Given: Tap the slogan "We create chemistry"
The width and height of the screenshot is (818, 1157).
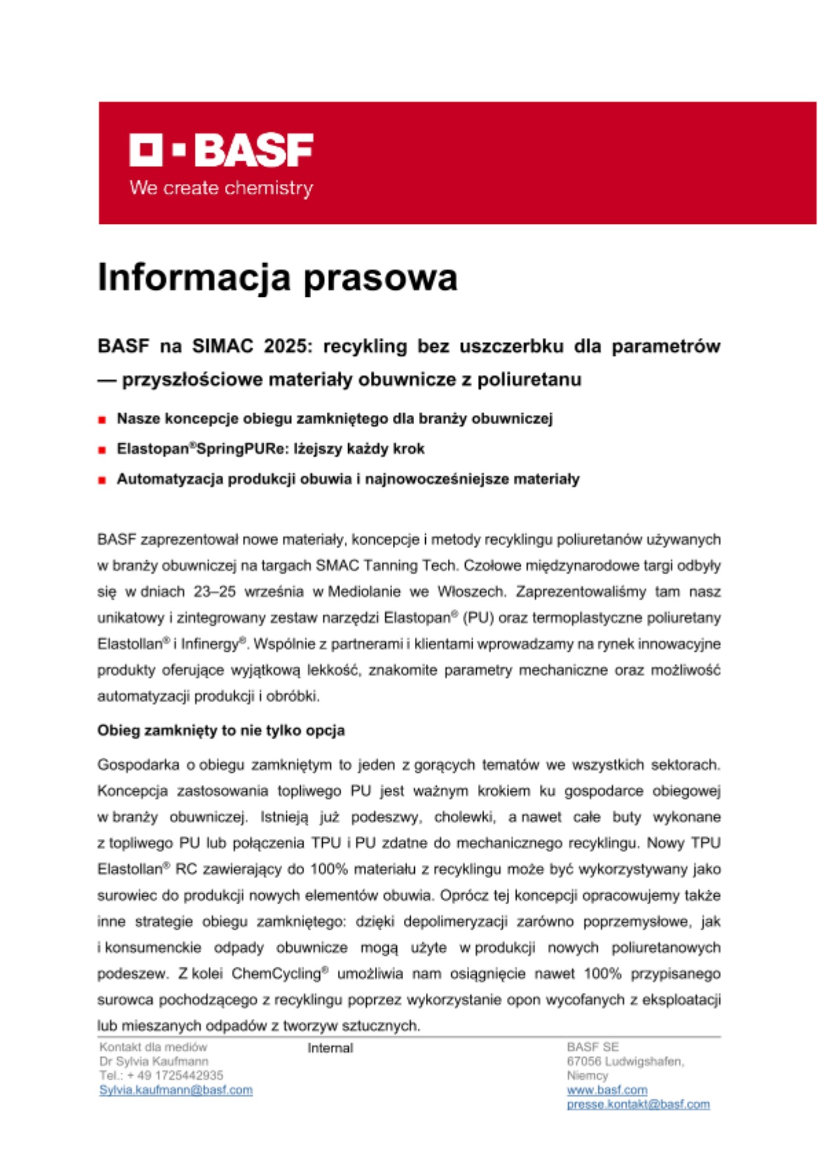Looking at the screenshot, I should coord(221,188).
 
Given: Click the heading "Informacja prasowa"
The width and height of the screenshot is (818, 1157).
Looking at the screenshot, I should coord(277,278).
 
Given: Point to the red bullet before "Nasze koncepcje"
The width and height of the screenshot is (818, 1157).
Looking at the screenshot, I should coord(102,420).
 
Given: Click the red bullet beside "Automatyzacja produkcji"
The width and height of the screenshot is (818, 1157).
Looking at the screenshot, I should coord(102,480).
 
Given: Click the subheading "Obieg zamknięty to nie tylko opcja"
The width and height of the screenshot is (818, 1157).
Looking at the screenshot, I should coord(221,731).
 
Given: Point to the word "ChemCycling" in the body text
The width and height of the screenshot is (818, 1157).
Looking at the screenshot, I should coord(276,974).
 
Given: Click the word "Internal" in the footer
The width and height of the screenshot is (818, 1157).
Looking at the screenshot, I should coord(330,1048).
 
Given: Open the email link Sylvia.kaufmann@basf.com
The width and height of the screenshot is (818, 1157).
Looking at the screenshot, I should coord(176,1090).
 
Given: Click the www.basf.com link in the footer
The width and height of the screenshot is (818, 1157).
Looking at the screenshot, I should coord(607,1090).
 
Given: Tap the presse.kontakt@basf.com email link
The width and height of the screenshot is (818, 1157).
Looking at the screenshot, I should coord(638,1104).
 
